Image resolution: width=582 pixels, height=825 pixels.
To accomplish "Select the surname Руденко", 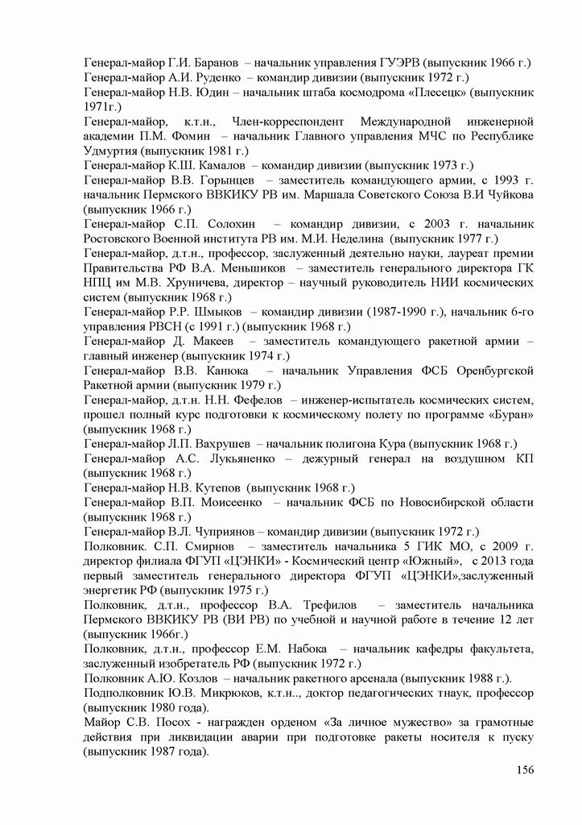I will click(x=214, y=77).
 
